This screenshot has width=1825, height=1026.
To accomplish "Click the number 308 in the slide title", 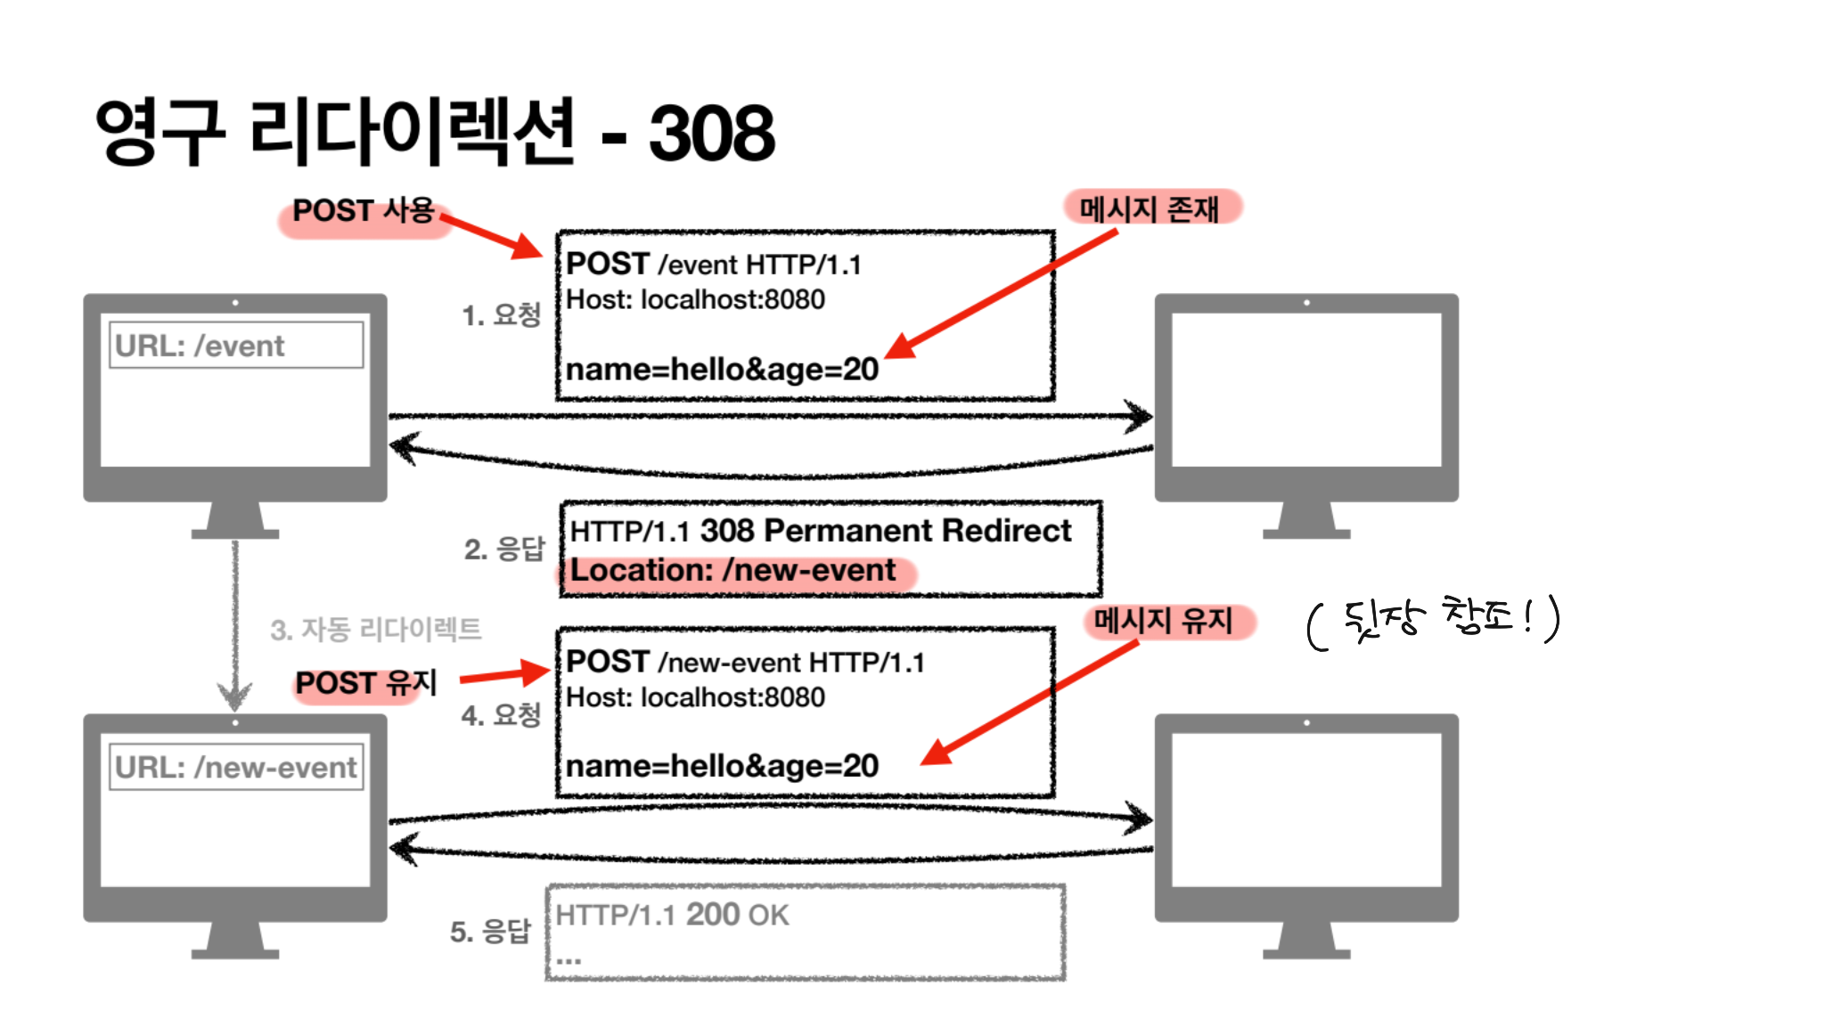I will coord(711,134).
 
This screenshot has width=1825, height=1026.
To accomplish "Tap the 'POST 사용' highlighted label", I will coord(364,211).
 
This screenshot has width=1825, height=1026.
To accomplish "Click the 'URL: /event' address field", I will coord(236,346).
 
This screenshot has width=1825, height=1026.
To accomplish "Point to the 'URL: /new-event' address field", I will coord(236,767).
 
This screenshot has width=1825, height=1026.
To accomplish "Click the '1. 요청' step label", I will coord(501,315).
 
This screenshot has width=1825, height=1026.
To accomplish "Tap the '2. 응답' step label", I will coord(503,549).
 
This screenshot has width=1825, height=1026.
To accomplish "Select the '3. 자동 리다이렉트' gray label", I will coord(375,630).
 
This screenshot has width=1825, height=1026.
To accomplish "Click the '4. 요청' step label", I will coord(501,714).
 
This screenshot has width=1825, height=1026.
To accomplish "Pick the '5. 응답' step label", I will coord(489,932).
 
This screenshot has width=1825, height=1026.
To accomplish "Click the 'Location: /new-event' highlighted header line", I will coord(732,571).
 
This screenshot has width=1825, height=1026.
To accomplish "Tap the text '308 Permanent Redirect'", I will coord(885,531).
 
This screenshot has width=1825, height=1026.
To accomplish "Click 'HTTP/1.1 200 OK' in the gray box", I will coord(672,915).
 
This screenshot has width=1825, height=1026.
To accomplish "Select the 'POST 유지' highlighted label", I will coord(365,683).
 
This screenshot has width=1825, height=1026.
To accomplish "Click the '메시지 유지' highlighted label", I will coord(1163,621).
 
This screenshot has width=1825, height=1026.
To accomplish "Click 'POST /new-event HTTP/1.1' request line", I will coord(745,663).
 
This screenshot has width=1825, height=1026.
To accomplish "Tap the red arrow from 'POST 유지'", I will coord(503,675).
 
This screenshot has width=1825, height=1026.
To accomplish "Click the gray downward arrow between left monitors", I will coord(235,623).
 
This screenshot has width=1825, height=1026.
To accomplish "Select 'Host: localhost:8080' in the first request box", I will coord(695,300).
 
